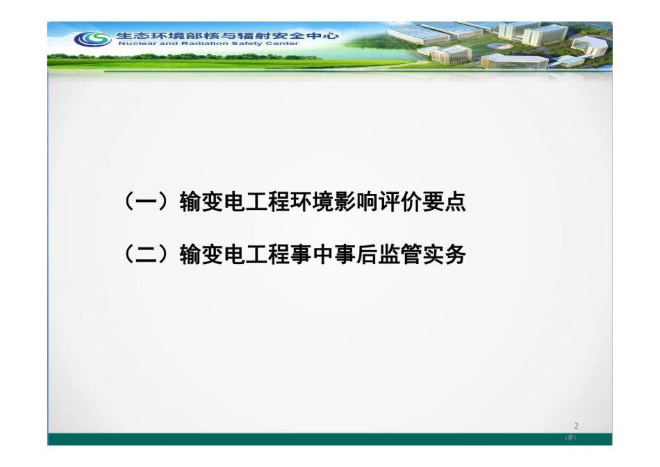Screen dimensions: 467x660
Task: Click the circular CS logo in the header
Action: pyautogui.click(x=92, y=39)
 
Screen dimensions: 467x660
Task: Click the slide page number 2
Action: pyautogui.click(x=576, y=426)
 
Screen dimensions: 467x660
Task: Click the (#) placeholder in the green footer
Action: pyautogui.click(x=571, y=439)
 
